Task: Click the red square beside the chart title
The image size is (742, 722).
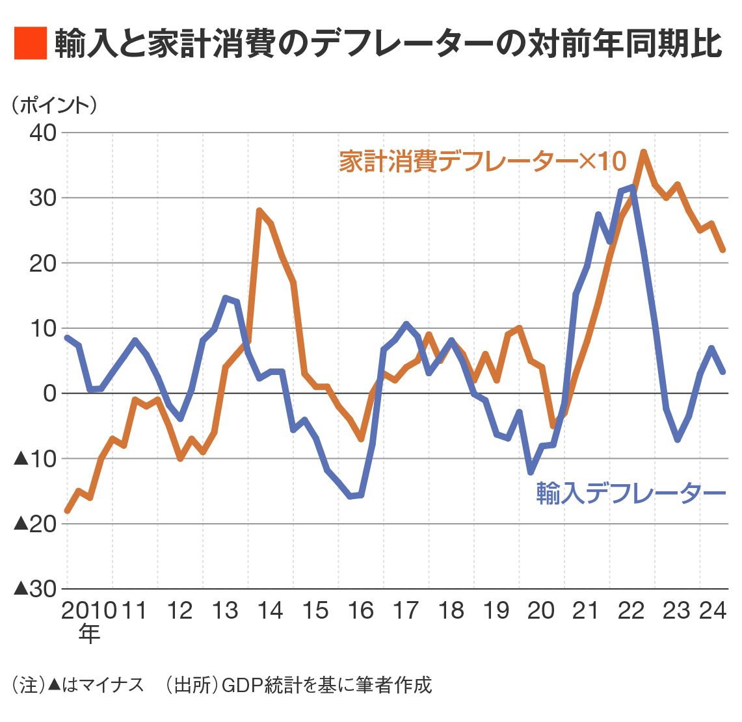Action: point(31,44)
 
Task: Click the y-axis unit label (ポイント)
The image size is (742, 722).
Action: point(53,105)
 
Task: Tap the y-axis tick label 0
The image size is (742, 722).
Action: point(51,393)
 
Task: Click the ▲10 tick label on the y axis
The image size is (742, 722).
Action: point(36,459)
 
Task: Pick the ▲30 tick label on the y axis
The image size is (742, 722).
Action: point(36,589)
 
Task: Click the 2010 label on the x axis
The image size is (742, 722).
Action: point(89,611)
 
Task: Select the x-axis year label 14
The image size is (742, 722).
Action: point(270,611)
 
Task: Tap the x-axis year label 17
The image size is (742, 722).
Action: point(406,611)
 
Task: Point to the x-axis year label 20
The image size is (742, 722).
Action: point(541,611)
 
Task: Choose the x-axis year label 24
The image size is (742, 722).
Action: point(713,611)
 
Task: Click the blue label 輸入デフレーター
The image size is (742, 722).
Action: point(630,493)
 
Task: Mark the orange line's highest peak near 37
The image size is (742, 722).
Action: point(643,152)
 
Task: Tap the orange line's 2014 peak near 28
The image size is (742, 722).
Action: point(259,211)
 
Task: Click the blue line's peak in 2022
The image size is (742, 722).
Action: point(632,188)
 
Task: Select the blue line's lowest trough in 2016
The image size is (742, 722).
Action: point(351,496)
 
